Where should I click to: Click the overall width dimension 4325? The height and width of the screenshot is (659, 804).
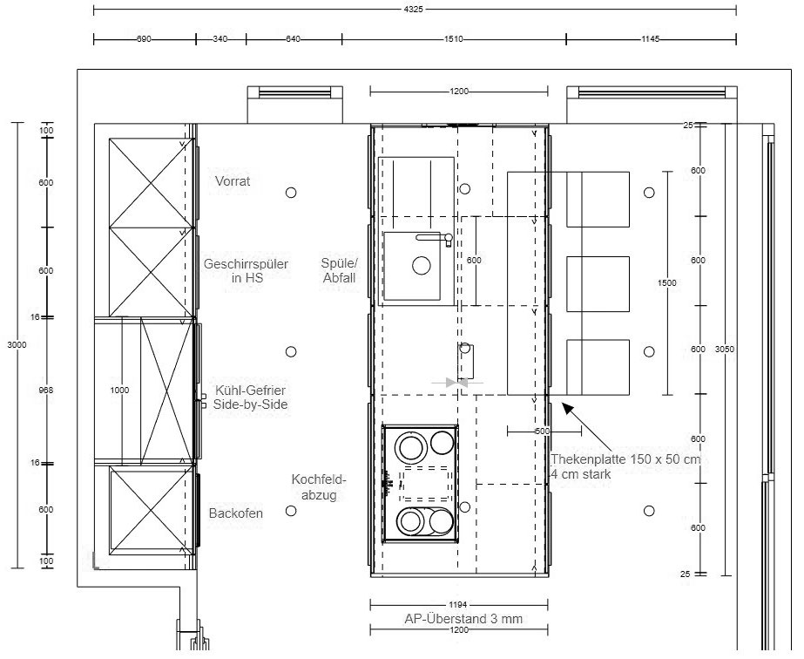click(x=413, y=10)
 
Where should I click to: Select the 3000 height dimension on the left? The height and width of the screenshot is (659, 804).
click(x=17, y=345)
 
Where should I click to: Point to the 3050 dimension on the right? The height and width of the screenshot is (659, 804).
click(x=725, y=349)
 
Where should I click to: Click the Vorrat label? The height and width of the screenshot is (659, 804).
click(x=233, y=181)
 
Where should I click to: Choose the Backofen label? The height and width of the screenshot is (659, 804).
click(x=236, y=513)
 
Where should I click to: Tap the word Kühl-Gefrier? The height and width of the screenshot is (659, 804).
click(x=250, y=390)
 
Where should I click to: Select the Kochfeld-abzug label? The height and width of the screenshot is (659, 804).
click(x=319, y=487)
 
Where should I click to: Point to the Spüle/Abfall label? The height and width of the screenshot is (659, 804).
click(x=340, y=270)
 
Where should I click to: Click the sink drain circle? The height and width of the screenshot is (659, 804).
click(x=422, y=265)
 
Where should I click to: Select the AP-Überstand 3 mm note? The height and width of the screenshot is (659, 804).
click(x=463, y=619)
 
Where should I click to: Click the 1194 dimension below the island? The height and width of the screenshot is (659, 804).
click(x=458, y=606)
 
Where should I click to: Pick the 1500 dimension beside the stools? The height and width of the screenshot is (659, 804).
click(x=667, y=282)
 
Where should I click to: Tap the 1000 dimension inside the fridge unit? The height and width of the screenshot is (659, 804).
click(x=119, y=390)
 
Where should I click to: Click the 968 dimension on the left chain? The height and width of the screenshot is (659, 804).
click(x=46, y=390)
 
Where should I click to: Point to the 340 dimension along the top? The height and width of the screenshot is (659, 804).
click(x=220, y=39)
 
